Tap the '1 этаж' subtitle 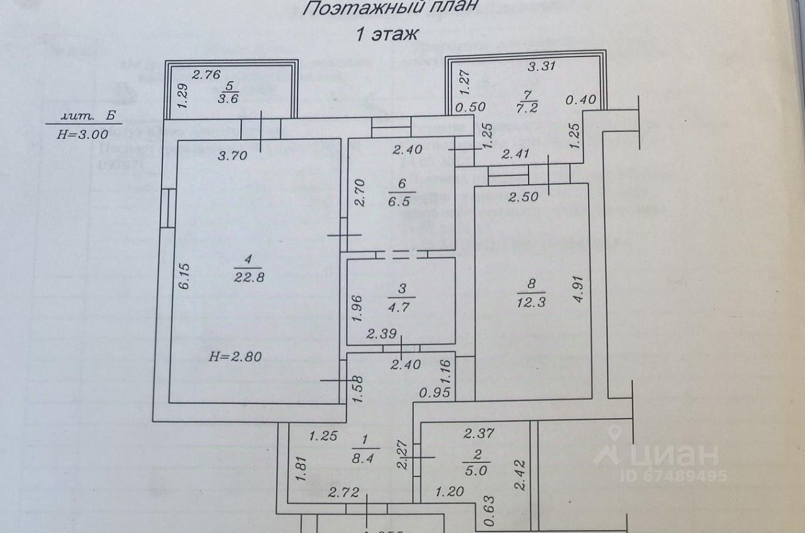pos(387,33)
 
